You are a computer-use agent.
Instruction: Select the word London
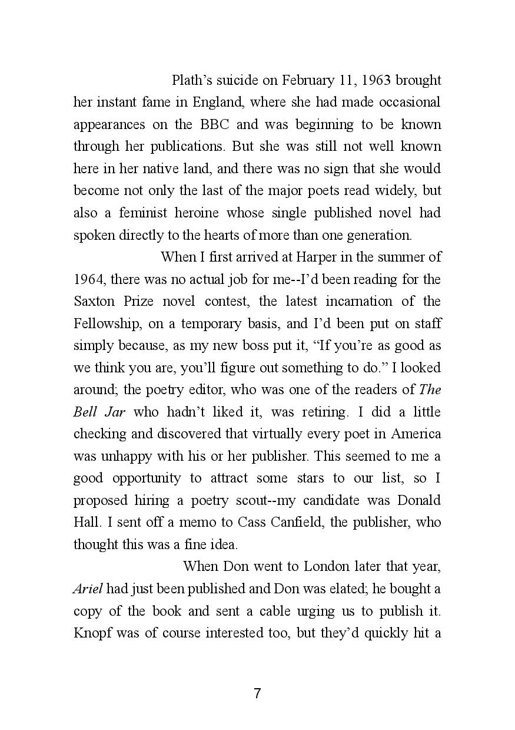tap(326, 566)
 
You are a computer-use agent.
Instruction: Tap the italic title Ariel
tap(88, 589)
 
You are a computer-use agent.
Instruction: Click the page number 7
tap(257, 693)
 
